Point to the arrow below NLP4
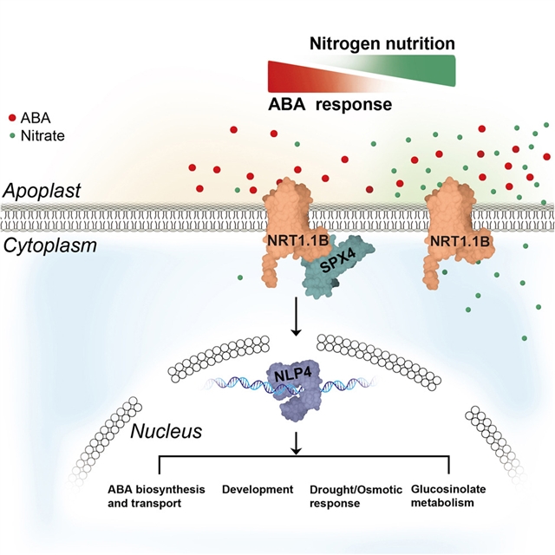298,443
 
